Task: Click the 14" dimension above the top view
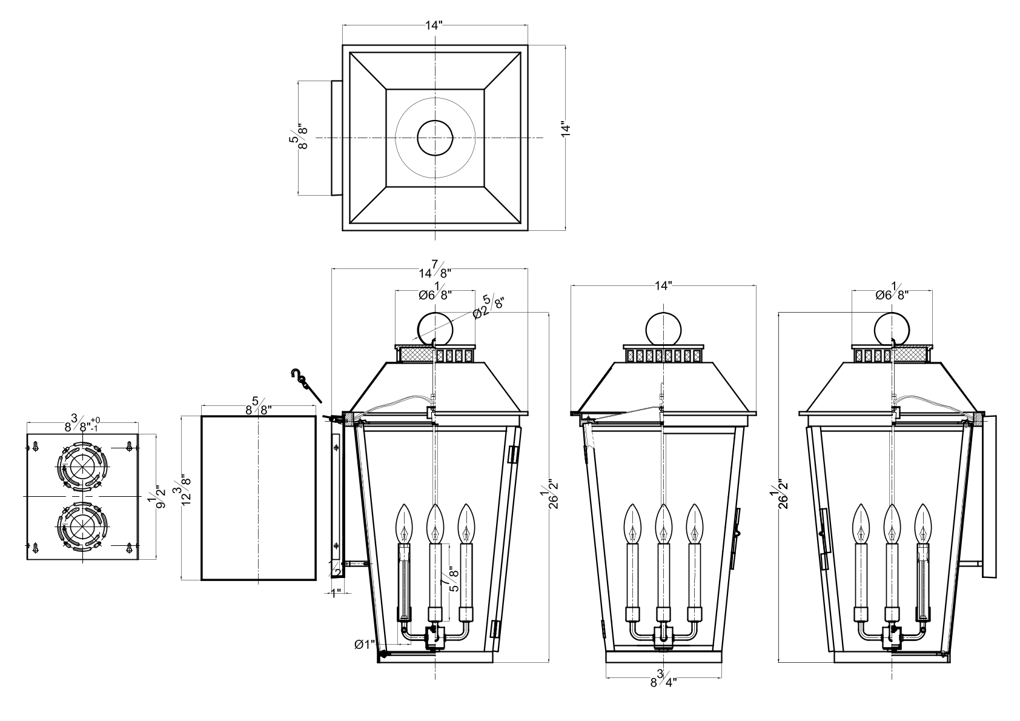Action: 434,25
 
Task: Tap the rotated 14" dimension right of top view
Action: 566,129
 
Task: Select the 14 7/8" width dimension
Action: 435,269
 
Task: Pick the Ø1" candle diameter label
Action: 365,644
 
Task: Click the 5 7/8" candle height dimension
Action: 453,579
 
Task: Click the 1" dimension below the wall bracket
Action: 336,594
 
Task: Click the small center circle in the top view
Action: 435,138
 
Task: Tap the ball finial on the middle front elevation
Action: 664,330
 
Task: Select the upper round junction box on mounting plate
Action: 82,465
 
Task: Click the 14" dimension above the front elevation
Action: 663,285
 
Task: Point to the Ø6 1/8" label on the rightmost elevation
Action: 892,292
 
